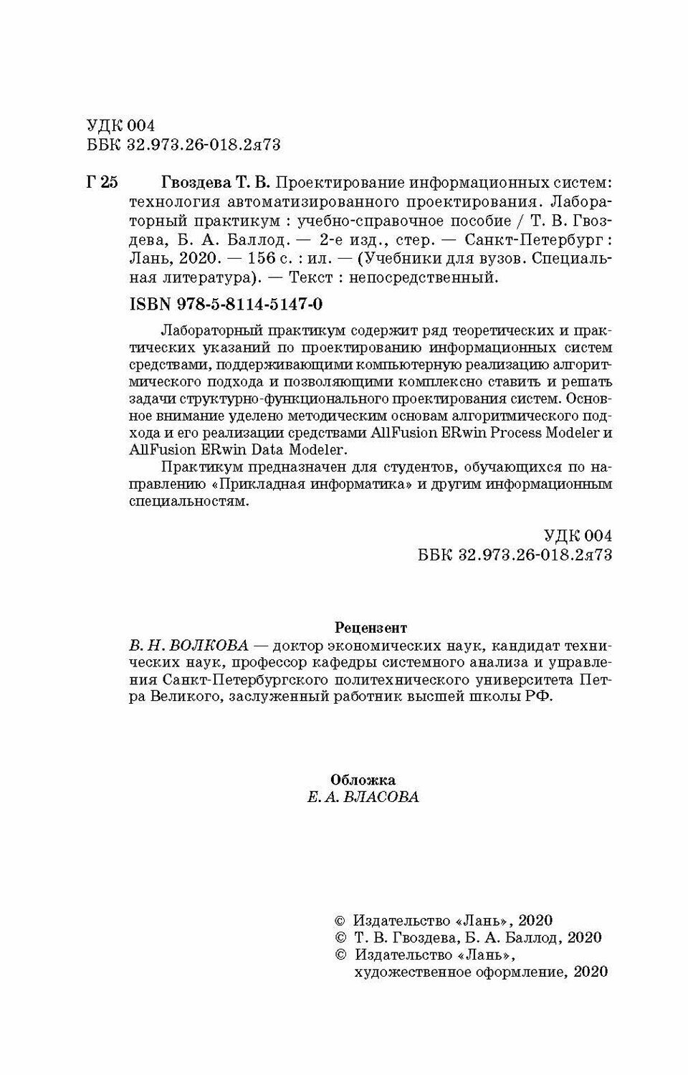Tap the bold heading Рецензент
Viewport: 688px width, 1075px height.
point(371,627)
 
